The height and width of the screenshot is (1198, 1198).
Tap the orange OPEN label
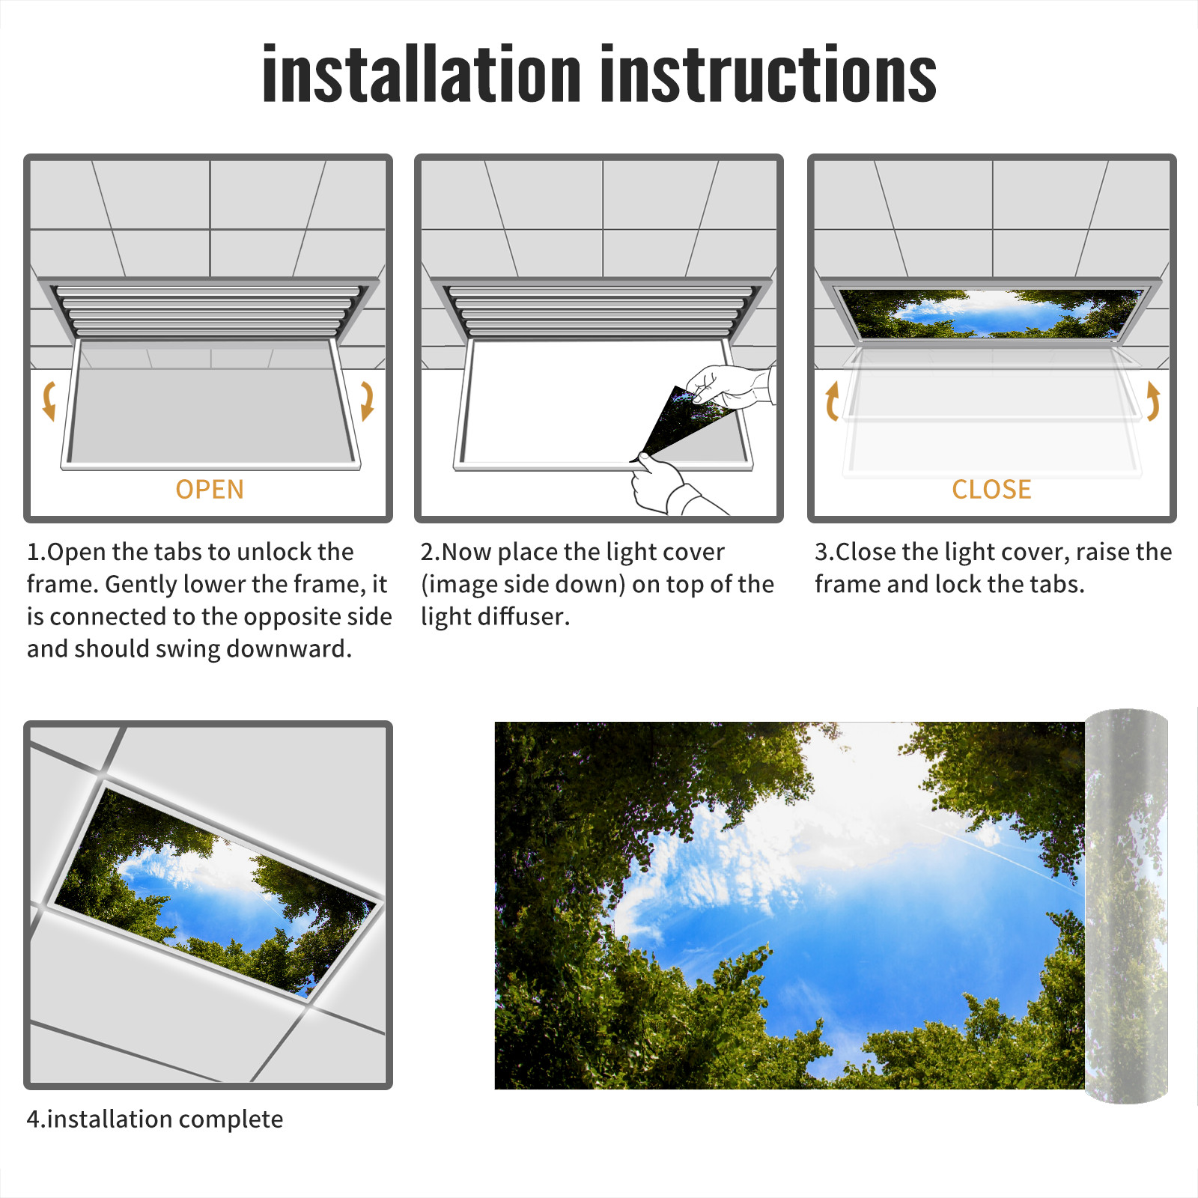pyautogui.click(x=210, y=489)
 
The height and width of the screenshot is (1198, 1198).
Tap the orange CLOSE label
pyautogui.click(x=991, y=489)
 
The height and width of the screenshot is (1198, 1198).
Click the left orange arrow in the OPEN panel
pyautogui.click(x=49, y=401)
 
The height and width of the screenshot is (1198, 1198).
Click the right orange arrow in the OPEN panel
pyautogui.click(x=367, y=401)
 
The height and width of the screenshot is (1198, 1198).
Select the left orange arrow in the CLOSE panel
pyautogui.click(x=832, y=401)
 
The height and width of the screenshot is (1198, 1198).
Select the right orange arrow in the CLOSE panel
pyautogui.click(x=1153, y=401)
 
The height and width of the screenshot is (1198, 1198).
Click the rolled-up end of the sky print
pyautogui.click(x=1126, y=906)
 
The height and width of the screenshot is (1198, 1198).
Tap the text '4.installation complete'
pyautogui.click(x=155, y=1119)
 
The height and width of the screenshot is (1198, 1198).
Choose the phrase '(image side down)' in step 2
pyautogui.click(x=523, y=584)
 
